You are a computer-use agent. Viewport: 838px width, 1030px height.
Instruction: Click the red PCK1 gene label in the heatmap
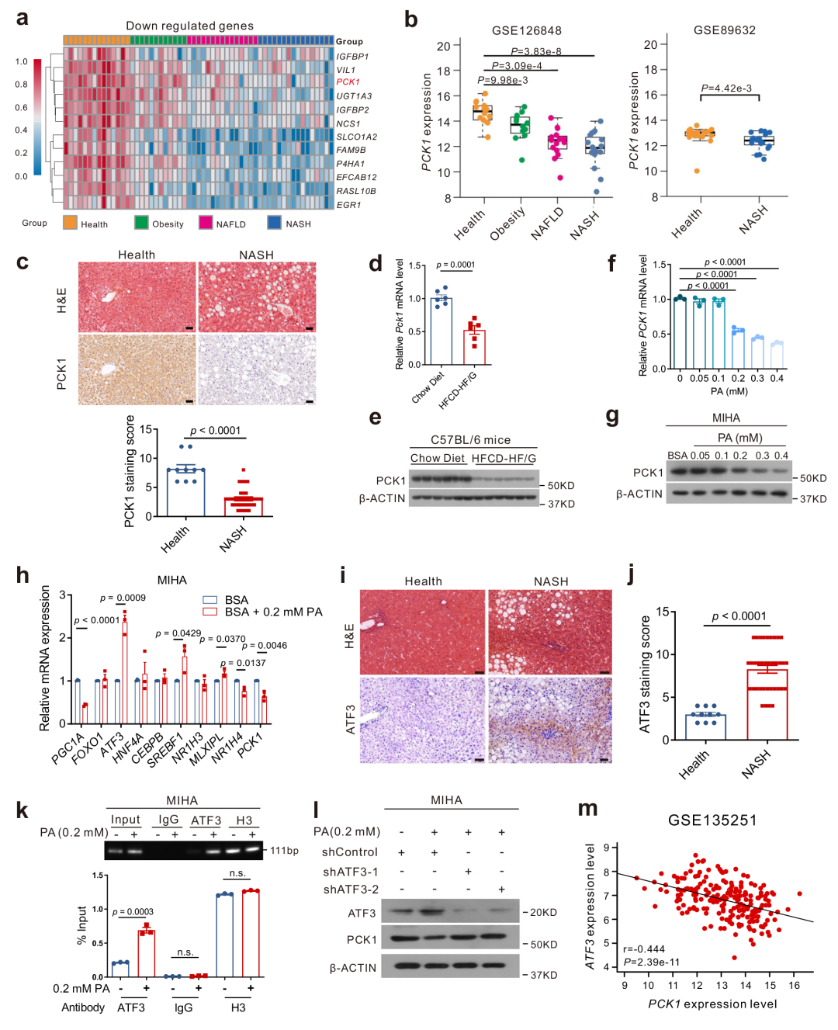348,82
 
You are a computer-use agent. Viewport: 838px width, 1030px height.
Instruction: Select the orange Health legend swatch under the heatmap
70,223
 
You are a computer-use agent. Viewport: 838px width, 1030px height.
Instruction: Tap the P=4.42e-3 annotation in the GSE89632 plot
726,88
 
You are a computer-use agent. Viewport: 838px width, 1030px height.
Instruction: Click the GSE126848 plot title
526,30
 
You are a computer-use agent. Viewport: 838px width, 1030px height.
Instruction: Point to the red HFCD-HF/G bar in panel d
474,347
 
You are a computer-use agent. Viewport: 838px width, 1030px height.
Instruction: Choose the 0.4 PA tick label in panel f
777,378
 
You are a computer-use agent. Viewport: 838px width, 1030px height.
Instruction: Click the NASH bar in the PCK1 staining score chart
244,506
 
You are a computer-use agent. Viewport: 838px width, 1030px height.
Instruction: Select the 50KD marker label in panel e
561,486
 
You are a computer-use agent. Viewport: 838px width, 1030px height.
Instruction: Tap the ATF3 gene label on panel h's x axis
112,743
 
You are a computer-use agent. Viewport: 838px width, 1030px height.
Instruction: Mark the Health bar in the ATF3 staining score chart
705,727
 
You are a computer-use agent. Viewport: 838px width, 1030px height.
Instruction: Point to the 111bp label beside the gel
284,850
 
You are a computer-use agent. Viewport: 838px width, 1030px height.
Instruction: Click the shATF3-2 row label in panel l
351,889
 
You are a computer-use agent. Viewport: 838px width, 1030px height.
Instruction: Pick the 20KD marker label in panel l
543,912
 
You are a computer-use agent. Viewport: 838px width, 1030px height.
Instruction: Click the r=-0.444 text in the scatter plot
643,949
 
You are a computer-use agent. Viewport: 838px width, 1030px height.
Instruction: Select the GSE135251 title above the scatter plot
712,820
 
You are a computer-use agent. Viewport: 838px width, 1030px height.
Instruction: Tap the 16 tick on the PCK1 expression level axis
794,985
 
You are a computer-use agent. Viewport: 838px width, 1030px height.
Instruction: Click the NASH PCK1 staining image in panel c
257,369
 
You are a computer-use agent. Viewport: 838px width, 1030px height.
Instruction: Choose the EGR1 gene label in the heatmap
348,205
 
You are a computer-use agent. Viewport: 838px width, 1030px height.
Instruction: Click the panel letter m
587,809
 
